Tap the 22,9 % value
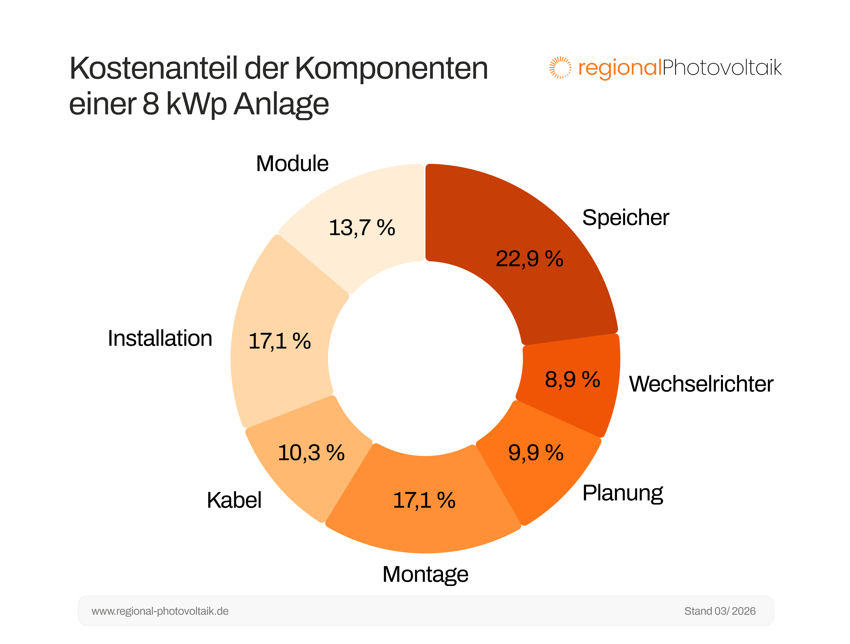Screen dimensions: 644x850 [x=529, y=259]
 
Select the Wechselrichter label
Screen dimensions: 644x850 [x=701, y=384]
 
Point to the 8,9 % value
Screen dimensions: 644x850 [x=572, y=380]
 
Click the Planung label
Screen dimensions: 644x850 [x=622, y=493]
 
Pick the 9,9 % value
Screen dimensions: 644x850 [x=536, y=452]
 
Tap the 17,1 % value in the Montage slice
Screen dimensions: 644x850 [x=424, y=500]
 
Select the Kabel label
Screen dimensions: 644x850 [x=234, y=500]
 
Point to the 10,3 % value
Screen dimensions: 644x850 [x=311, y=452]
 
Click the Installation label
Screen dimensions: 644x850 [x=160, y=338]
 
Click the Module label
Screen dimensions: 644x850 [x=292, y=164]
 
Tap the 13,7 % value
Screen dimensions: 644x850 [x=362, y=228]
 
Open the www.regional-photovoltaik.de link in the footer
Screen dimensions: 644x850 [x=160, y=611]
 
